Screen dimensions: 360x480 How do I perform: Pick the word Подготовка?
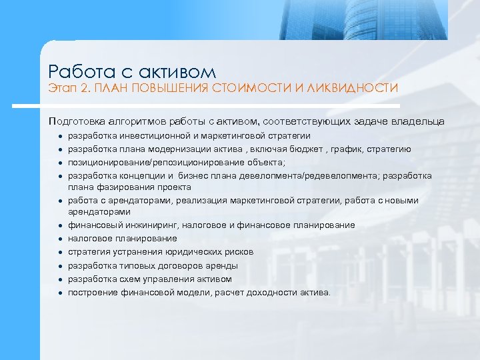click(x=76, y=121)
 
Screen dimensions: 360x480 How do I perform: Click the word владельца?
click(x=421, y=121)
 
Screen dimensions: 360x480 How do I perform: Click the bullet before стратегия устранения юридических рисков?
click(x=60, y=253)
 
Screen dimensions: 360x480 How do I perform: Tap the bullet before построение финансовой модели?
click(x=60, y=293)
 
